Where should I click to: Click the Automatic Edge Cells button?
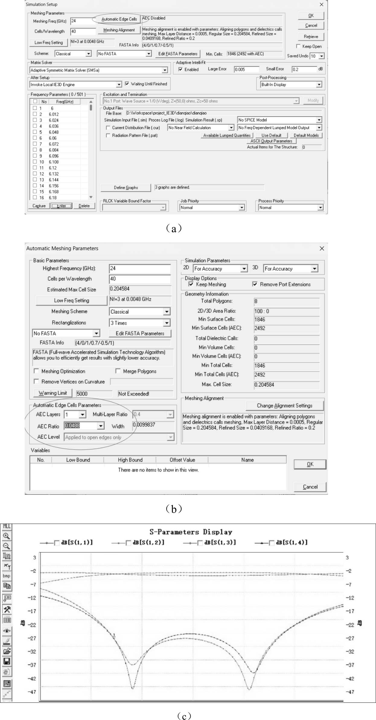[119, 19]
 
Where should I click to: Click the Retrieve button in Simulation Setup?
[311, 37]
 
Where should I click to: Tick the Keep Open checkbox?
[298, 46]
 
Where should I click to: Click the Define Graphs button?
[126, 188]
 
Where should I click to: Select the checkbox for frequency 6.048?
[35, 132]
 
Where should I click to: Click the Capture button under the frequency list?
[39, 206]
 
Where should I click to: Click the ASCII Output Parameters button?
[271, 141]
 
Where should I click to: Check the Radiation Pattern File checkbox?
[108, 136]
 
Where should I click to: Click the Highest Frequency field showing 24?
[139, 268]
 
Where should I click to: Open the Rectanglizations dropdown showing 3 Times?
[139, 323]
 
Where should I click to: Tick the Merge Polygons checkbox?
[118, 371]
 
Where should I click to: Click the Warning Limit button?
[53, 393]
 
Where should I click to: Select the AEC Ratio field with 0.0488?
[80, 426]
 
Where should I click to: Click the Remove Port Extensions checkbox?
[255, 284]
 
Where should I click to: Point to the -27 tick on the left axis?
[32, 638]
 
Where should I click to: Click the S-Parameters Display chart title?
[191, 532]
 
